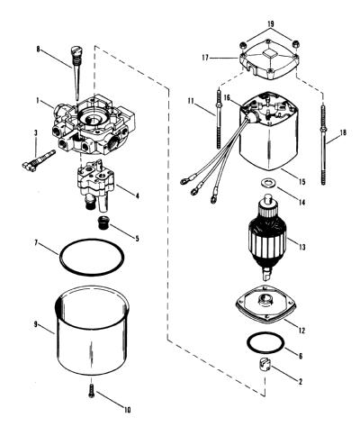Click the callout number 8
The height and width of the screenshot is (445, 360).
click(x=38, y=49)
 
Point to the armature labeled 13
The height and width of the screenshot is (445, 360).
click(x=266, y=237)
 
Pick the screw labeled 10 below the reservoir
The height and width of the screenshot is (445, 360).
click(x=92, y=391)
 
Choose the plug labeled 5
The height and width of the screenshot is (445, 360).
click(x=104, y=223)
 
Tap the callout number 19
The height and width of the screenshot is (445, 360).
click(x=270, y=23)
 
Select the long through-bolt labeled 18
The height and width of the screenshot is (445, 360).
click(x=323, y=144)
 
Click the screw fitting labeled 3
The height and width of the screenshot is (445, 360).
click(x=39, y=159)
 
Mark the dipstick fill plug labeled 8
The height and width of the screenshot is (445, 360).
click(x=75, y=72)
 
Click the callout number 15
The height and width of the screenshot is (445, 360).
click(x=301, y=182)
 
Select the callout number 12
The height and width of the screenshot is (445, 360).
click(x=301, y=331)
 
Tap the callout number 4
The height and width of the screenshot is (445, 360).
click(x=137, y=196)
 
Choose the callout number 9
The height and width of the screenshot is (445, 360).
click(x=35, y=324)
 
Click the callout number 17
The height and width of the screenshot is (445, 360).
click(x=205, y=58)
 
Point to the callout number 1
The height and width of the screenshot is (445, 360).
click(x=38, y=101)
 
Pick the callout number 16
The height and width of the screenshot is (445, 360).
click(x=227, y=98)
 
